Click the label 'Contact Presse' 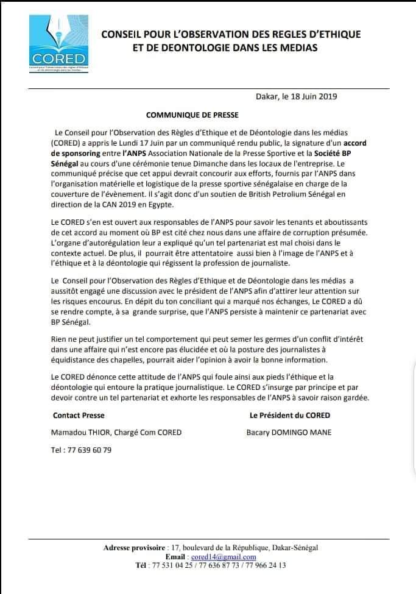coord(79,415)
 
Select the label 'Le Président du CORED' coord(290,415)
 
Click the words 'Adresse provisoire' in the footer coord(134,548)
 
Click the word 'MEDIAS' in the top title coord(295,47)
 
